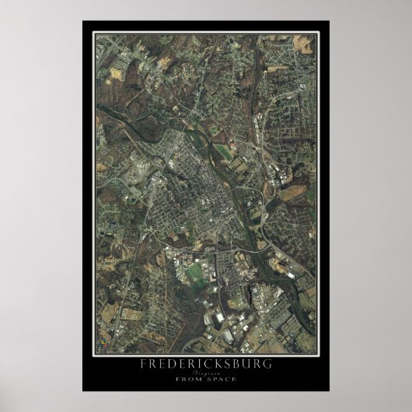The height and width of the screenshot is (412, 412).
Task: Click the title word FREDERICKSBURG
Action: (x=206, y=364)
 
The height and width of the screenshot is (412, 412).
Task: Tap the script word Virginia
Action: (x=206, y=372)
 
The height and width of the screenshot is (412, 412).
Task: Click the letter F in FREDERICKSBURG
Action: (x=144, y=364)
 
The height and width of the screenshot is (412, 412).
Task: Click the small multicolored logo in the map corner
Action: (x=101, y=340)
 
